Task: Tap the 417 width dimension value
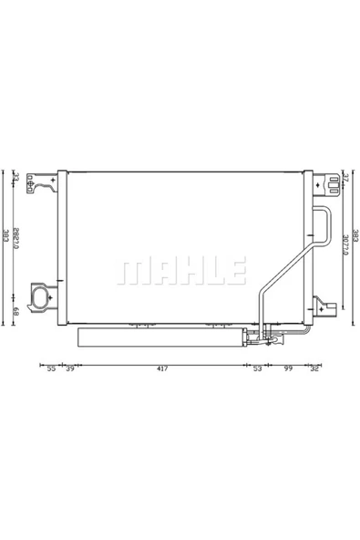tap(160, 369)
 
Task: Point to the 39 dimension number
tap(70, 369)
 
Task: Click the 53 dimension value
tap(256, 369)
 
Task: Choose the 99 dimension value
tap(287, 369)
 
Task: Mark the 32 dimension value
tap(314, 369)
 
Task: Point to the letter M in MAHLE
tap(132, 269)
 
